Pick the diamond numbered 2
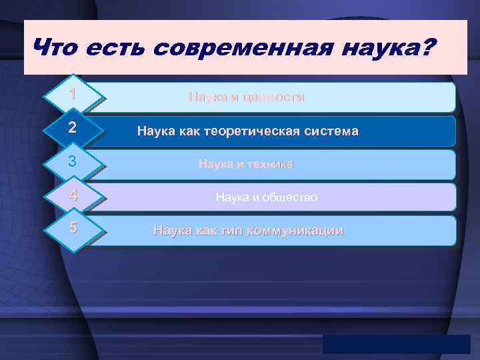(x=73, y=129)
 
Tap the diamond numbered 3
(x=73, y=162)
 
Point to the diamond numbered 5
(x=73, y=228)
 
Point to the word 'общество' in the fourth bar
(x=291, y=197)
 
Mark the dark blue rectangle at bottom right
(x=396, y=343)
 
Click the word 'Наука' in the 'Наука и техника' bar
(x=215, y=164)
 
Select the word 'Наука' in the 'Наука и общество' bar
(x=231, y=197)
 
